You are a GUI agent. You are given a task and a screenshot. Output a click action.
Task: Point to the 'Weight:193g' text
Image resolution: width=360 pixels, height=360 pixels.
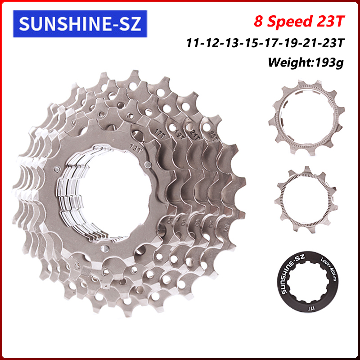coord(306,62)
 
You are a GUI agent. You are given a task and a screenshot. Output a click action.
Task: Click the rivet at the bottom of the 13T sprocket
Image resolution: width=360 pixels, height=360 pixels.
coord(105,249)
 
